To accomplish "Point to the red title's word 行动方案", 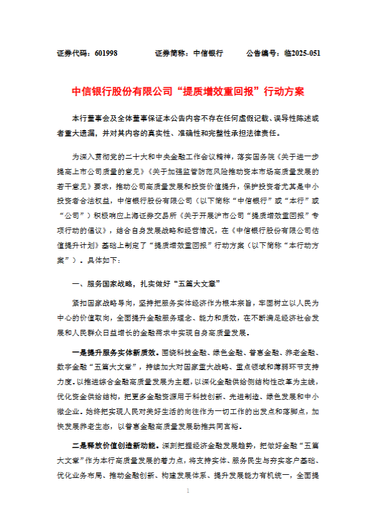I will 284,91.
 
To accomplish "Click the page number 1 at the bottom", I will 187,508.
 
